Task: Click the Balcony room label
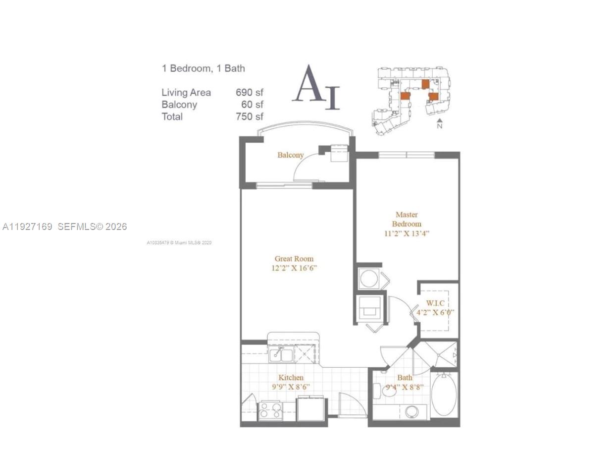click(x=290, y=155)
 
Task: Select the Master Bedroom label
click(x=407, y=219)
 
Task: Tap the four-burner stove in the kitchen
click(x=271, y=410)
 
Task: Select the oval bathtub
click(x=444, y=395)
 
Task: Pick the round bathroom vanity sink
click(x=411, y=411)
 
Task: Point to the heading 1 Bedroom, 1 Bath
click(x=203, y=68)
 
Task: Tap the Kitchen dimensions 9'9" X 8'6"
click(x=291, y=387)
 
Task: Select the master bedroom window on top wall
click(x=407, y=155)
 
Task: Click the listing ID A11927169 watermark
click(x=27, y=226)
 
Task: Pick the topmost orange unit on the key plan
click(x=425, y=84)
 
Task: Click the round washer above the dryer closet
click(x=369, y=279)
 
